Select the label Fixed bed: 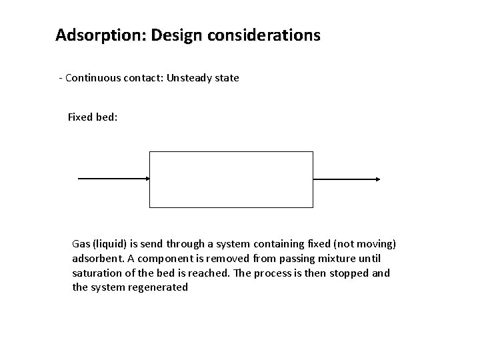93,117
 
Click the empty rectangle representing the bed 231,179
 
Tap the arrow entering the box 113,179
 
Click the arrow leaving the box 347,179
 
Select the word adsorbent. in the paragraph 98,259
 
